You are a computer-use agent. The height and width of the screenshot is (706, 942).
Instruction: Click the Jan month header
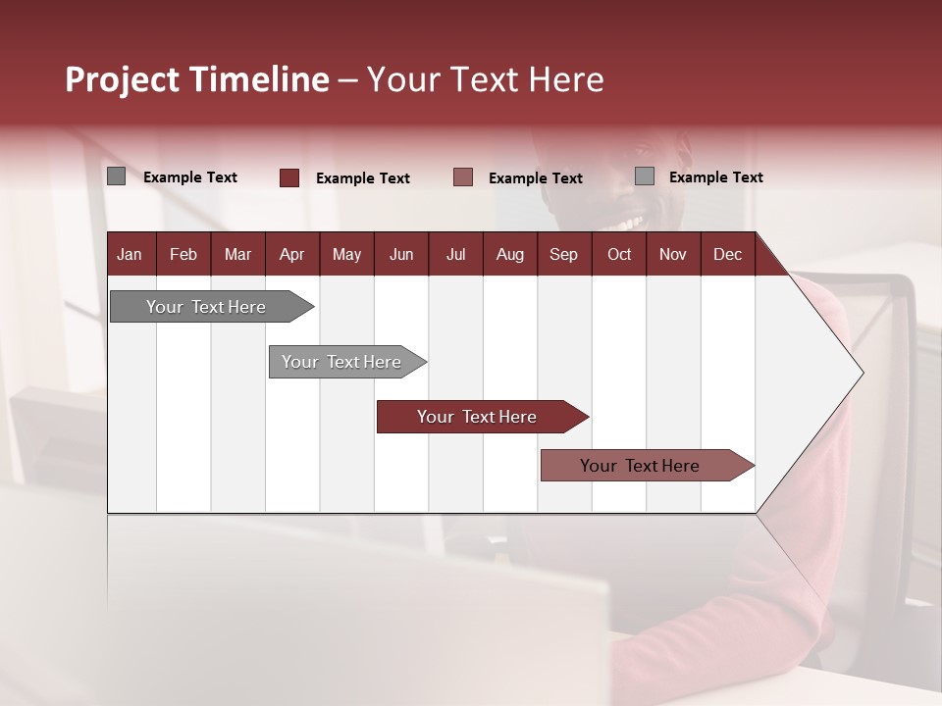click(131, 254)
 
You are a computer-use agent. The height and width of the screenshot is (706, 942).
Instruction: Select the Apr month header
click(292, 254)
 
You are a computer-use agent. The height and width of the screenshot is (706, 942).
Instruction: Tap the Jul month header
click(456, 254)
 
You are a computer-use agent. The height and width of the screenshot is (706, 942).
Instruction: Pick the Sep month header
click(563, 254)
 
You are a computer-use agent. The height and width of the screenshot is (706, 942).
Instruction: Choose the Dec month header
click(727, 254)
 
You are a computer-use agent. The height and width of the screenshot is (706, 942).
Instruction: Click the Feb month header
click(183, 254)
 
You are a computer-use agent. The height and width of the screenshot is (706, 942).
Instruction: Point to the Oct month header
click(619, 254)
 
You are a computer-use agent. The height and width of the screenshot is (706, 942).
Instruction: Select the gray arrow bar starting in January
click(206, 307)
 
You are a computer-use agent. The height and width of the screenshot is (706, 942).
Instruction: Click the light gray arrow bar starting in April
click(341, 362)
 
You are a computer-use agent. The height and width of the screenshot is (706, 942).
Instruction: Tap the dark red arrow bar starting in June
click(477, 417)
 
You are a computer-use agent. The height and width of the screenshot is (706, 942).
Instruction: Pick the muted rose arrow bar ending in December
click(640, 466)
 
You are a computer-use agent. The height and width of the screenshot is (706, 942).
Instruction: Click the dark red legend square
click(289, 177)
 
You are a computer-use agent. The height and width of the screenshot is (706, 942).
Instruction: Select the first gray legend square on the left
click(117, 176)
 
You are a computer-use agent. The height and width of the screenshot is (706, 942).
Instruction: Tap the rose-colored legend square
click(463, 177)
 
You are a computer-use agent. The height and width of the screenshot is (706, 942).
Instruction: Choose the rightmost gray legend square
click(645, 176)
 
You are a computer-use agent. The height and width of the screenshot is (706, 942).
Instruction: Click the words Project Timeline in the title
click(197, 79)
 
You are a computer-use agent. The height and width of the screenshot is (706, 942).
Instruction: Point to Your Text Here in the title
click(486, 79)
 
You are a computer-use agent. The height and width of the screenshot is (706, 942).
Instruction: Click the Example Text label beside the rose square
click(536, 178)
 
